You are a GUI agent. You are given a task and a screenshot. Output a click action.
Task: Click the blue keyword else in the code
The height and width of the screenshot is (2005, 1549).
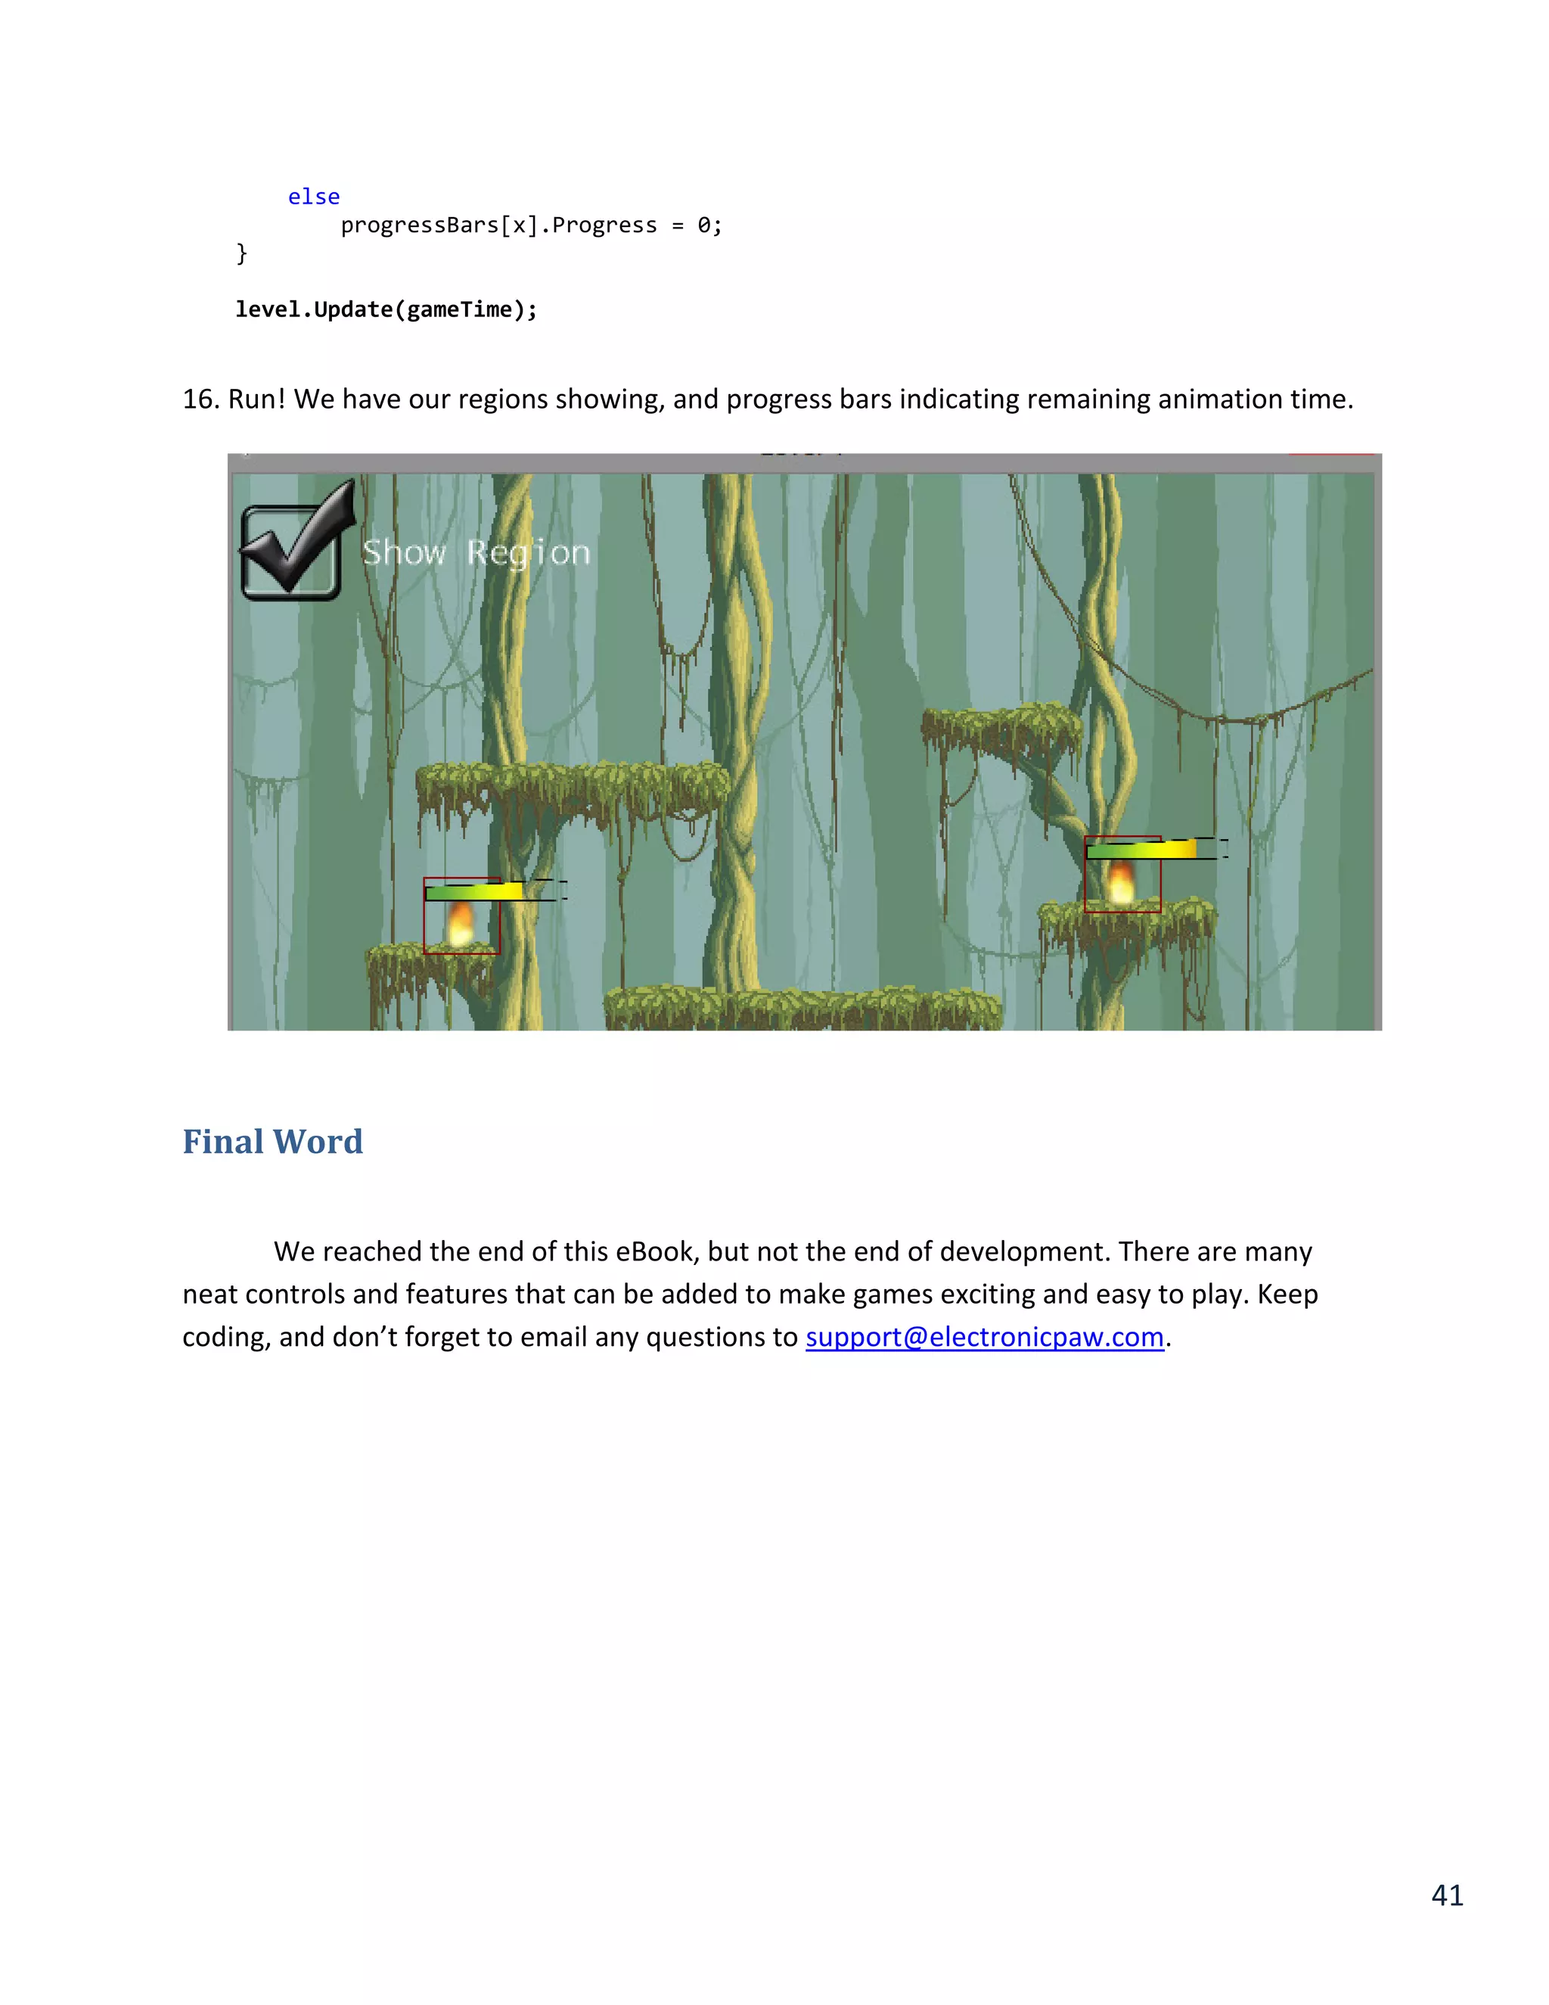(314, 197)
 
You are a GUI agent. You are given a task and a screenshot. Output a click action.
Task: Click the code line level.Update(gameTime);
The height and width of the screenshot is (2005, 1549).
(386, 310)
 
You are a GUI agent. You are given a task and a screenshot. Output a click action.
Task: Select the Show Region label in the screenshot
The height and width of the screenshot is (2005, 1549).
(476, 552)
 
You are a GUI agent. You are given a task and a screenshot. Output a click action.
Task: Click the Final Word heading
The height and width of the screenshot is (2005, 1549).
(272, 1142)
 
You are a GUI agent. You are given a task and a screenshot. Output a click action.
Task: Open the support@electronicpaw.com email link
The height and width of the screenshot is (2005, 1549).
(985, 1338)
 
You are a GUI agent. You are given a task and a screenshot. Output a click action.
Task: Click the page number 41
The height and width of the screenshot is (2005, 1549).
(1447, 1895)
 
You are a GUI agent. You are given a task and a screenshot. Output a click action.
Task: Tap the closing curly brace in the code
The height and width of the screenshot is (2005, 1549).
(242, 253)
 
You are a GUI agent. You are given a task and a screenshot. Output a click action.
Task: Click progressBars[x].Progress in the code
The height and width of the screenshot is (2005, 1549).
(498, 225)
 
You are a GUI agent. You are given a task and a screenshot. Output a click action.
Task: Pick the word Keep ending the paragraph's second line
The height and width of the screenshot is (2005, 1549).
(1287, 1295)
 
